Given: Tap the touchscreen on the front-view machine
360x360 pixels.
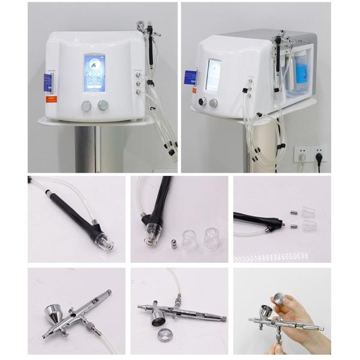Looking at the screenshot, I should tap(94, 73).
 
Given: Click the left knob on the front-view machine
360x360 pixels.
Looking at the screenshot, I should tap(86, 106).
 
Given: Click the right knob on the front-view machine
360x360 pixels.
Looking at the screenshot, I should tap(103, 106).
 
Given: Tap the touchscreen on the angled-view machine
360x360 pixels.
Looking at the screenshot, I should tap(213, 74).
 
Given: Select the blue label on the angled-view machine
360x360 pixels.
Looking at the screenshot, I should tap(190, 77).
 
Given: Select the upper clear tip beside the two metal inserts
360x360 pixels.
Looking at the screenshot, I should tap(309, 211).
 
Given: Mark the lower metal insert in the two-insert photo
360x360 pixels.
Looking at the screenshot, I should tap(293, 226).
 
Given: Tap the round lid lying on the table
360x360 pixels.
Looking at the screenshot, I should tap(164, 334).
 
